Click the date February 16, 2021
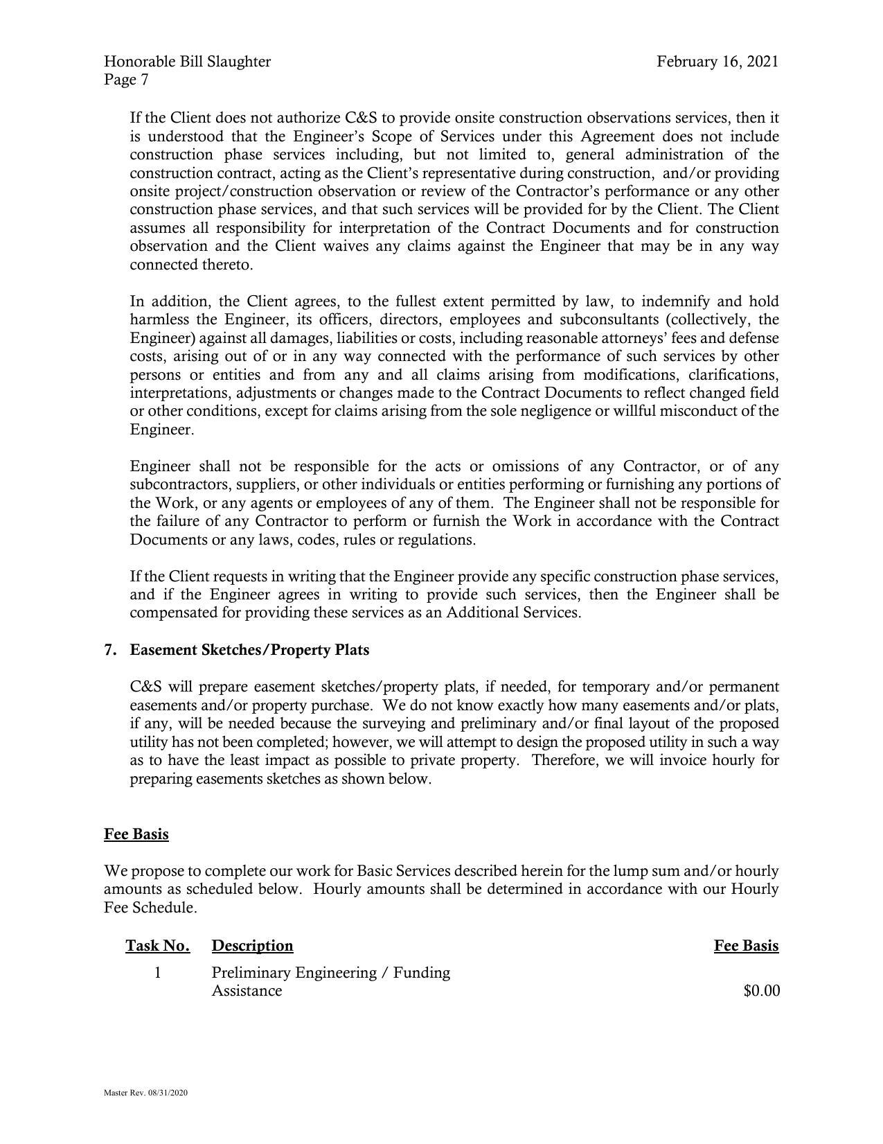pyautogui.click(x=717, y=62)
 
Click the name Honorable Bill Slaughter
pyautogui.click(x=187, y=62)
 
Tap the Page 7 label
pyautogui.click(x=126, y=80)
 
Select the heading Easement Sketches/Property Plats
pyautogui.click(x=249, y=650)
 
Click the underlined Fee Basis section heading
pyautogui.click(x=136, y=834)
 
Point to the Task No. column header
pyautogui.click(x=158, y=946)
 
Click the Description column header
pyautogui.click(x=252, y=946)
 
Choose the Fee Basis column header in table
pyautogui.click(x=746, y=946)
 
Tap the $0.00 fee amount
pyautogui.click(x=761, y=992)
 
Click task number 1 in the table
pyautogui.click(x=158, y=973)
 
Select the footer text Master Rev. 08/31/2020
pyautogui.click(x=145, y=1093)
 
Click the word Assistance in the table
pyautogui.click(x=247, y=991)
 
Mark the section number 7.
pyautogui.click(x=109, y=650)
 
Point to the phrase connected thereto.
pyautogui.click(x=191, y=265)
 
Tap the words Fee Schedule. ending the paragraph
pyautogui.click(x=150, y=907)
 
